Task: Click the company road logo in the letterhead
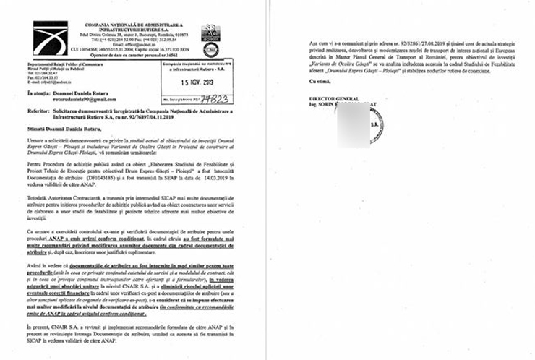(x=49, y=38)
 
